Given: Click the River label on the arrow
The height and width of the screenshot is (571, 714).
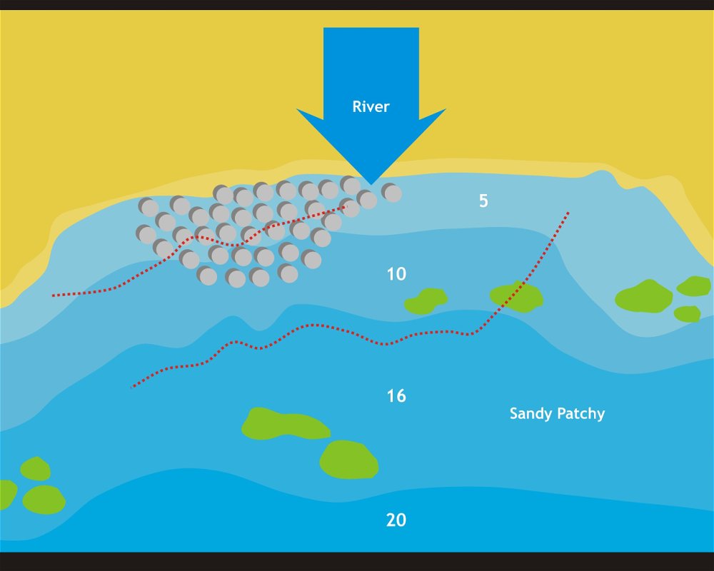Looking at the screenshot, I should (371, 107).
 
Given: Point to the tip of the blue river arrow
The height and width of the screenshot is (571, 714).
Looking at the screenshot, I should (371, 183).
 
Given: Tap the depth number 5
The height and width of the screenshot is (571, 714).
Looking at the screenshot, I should (483, 201).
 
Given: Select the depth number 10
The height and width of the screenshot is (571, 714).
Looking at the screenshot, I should (396, 273).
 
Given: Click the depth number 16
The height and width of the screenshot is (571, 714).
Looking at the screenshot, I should (396, 396).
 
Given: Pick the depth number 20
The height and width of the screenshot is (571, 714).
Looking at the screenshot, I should (396, 520).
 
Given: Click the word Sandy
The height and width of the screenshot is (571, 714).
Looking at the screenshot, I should (529, 413).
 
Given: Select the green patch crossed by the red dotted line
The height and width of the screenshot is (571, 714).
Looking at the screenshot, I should (516, 296).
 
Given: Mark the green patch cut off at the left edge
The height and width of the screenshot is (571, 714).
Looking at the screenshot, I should (6, 495).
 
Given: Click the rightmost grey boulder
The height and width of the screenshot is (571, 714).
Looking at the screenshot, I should (391, 192).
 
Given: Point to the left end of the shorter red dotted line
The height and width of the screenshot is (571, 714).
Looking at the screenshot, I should (53, 295).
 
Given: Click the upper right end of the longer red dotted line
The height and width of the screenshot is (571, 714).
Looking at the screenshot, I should (568, 212).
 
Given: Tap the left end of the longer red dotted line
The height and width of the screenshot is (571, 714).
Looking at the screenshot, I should (133, 388).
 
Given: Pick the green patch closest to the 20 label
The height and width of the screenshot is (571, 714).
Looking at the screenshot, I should (349, 460).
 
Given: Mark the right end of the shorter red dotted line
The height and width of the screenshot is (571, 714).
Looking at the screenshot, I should (347, 207).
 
